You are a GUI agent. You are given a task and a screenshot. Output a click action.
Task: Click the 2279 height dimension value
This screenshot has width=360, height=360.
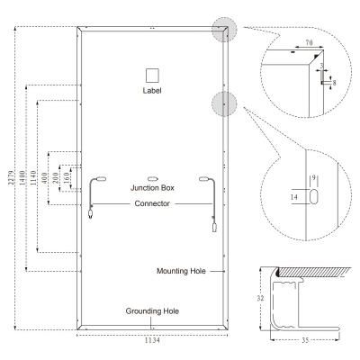coord(11,178)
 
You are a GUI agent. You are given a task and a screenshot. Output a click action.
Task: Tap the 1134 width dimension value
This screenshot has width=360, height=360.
coord(152,340)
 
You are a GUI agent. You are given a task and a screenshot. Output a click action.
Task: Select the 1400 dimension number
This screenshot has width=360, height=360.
coord(22,177)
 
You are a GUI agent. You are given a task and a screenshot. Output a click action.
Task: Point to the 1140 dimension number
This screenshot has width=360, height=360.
coord(33,177)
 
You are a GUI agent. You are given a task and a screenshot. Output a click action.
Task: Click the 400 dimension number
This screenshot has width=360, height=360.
coord(44,178)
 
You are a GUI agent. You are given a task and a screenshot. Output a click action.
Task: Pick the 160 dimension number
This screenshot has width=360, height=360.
coord(67,178)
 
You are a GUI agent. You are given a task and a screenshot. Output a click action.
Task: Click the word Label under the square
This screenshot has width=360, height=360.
coord(152,90)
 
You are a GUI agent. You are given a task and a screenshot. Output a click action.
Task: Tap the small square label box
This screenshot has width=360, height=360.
coord(152,76)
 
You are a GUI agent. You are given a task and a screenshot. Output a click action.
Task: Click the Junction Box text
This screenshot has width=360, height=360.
coord(152,188)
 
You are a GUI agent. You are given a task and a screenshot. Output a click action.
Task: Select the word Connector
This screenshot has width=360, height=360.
coord(152,203)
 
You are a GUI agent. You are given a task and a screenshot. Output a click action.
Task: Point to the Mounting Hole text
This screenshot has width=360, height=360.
coord(181,271)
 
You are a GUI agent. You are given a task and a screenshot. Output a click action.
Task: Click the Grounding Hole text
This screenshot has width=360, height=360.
coord(152,311)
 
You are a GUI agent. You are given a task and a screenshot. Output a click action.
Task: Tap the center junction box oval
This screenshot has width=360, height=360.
coord(152,179)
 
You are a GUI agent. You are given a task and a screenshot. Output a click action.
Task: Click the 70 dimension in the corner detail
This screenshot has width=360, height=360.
coord(309,42)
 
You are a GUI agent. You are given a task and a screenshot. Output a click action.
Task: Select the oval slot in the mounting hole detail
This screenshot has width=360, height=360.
coord(313,197)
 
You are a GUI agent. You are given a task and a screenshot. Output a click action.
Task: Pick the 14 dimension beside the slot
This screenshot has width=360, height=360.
coord(294,197)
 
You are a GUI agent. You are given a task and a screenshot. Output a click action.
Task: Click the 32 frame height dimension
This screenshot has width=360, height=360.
coord(260,298)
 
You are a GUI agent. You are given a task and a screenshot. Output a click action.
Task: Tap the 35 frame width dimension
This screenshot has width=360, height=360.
coord(305,340)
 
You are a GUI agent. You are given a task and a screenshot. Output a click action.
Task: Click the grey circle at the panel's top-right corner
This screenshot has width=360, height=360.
coord(224,30)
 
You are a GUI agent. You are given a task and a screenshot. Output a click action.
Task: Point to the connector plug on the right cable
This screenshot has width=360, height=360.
coord(214,228)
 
